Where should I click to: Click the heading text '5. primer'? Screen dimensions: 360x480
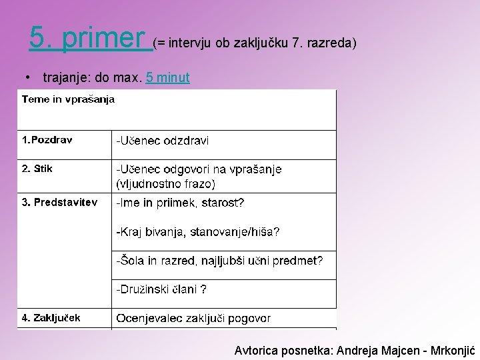click(87, 39)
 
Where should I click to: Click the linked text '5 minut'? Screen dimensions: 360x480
click(168, 78)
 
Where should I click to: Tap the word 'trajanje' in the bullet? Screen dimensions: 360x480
click(67, 78)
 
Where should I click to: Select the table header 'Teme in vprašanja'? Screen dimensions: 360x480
click(68, 99)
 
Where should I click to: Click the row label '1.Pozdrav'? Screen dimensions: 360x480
click(47, 140)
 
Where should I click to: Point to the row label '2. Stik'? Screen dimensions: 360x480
click(37, 169)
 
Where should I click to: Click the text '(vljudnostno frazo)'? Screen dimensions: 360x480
click(165, 183)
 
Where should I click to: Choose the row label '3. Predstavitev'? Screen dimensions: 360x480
click(60, 202)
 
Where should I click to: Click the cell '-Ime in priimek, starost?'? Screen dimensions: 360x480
click(180, 203)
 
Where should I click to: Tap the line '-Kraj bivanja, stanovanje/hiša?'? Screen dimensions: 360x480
click(198, 232)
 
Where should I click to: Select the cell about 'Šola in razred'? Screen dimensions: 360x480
click(219, 261)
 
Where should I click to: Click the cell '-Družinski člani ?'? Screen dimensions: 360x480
click(161, 289)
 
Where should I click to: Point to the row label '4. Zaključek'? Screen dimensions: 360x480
click(51, 318)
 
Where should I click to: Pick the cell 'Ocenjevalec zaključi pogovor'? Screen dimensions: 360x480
click(193, 319)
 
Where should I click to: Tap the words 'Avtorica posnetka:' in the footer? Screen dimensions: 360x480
click(285, 350)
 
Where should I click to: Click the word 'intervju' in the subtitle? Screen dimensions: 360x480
click(191, 43)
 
